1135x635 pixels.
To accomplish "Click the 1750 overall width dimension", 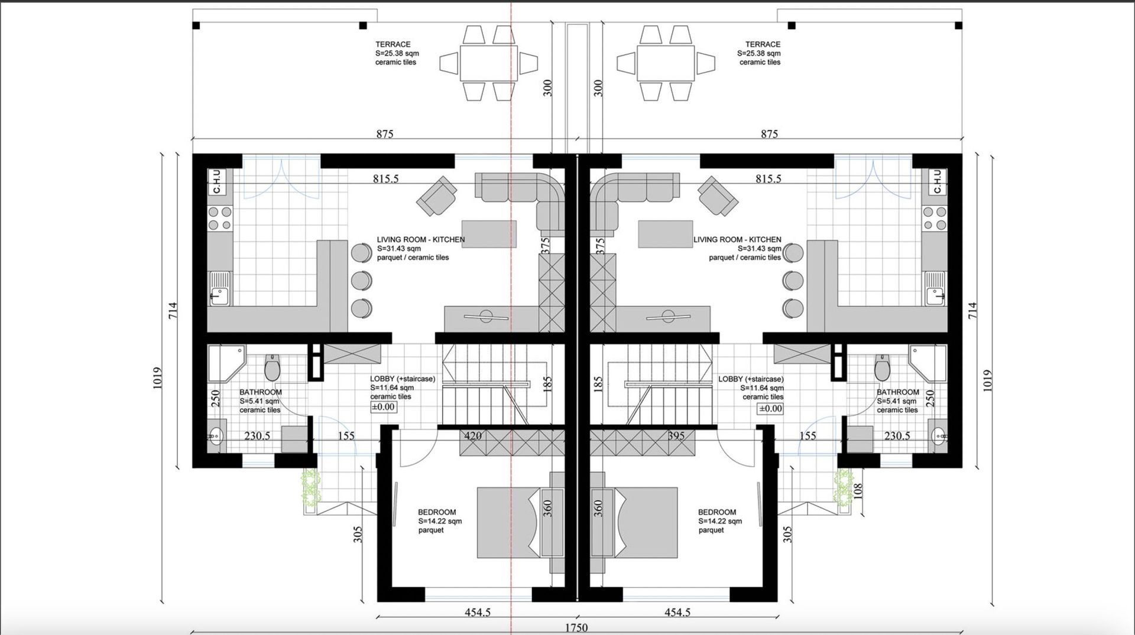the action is tap(576, 628).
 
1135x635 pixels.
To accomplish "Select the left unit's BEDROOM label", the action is tap(437, 512).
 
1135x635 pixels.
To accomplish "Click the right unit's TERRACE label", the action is tap(763, 44).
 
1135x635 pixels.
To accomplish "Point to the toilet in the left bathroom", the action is tap(273, 367).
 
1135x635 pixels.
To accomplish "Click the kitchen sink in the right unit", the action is tap(935, 289).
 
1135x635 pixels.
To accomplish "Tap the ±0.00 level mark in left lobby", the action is tap(383, 407).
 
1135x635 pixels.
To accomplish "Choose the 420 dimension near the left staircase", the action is tap(473, 436).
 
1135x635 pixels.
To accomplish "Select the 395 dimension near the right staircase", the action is tap(676, 436).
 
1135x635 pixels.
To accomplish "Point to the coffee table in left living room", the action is tap(489, 234).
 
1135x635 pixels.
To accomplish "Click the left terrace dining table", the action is tap(488, 63).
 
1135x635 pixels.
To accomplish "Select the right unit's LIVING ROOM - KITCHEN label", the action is tap(737, 239).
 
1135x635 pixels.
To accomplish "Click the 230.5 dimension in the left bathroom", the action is tap(257, 436).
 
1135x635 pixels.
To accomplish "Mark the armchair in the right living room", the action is tap(718, 196).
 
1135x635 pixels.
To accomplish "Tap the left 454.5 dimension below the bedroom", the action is tap(478, 613).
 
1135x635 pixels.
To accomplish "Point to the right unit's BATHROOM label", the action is tap(898, 392).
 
